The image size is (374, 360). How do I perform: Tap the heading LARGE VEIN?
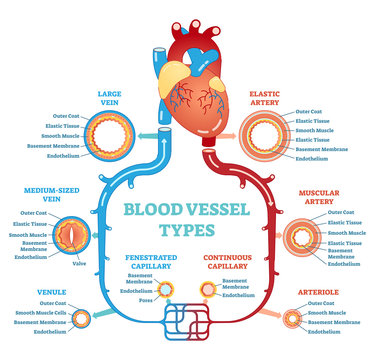coord(109,97)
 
